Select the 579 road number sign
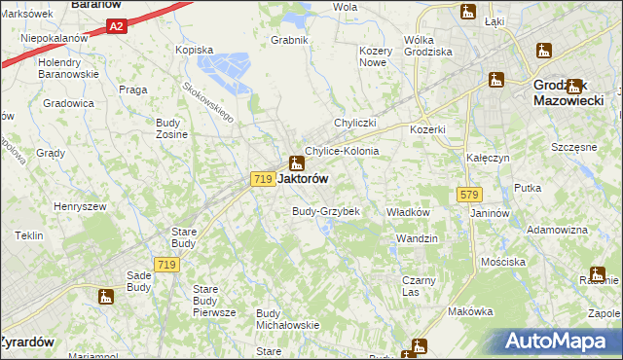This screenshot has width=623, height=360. [x=464, y=196]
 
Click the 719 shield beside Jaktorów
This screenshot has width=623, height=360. [x=260, y=179]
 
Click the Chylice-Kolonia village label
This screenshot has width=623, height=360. [x=342, y=152]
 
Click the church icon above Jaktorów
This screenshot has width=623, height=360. [x=295, y=162]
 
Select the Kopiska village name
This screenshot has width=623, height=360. [x=193, y=49]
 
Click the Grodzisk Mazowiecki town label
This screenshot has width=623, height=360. [x=572, y=92]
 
